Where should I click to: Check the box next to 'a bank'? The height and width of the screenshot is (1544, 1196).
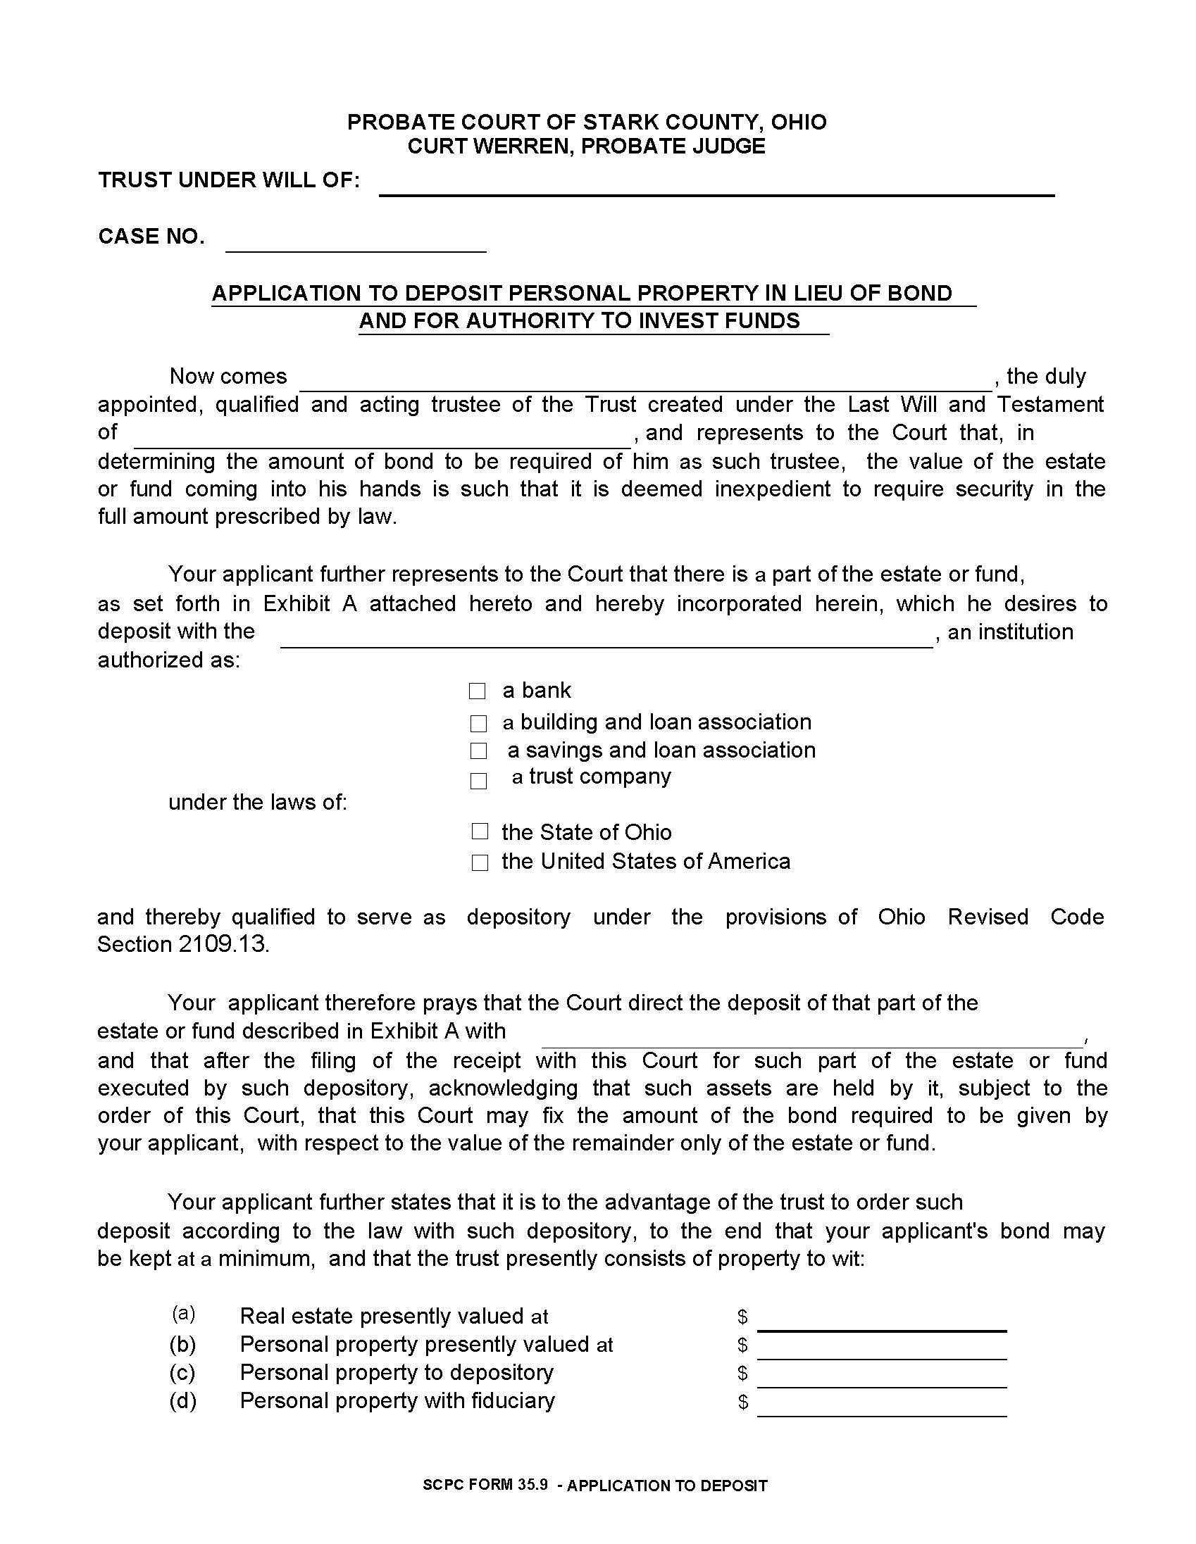point(478,691)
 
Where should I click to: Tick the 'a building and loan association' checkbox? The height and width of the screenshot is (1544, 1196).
point(479,723)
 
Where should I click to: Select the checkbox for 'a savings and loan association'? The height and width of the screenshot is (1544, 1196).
point(479,751)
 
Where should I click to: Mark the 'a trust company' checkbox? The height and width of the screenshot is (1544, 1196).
point(479,781)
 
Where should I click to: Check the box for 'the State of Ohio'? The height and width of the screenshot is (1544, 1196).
point(480,831)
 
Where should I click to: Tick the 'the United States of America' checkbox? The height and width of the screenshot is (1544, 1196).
point(480,862)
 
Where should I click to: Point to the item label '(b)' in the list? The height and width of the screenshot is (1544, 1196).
point(182,1344)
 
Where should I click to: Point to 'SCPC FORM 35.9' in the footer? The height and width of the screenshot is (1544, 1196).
point(485,1485)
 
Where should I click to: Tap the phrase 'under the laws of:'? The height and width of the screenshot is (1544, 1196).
point(258,803)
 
